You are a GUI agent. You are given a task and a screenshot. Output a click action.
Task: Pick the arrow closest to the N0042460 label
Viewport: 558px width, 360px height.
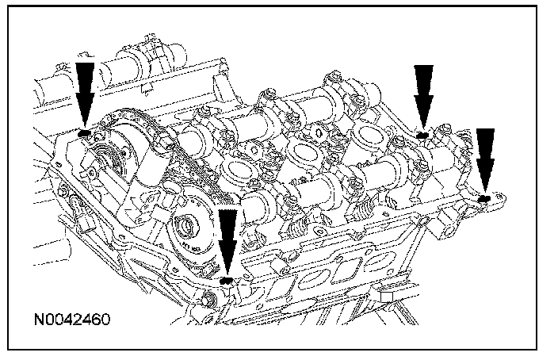click(228, 242)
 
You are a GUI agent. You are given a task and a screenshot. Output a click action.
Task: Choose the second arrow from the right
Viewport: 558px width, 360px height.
click(425, 95)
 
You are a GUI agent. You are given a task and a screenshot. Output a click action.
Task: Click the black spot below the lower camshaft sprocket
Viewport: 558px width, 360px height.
click(227, 279)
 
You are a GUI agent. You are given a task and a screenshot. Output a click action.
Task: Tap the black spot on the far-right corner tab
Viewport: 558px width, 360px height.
click(484, 196)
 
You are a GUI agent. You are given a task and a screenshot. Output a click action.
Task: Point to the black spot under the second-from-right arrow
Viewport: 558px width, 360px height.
click(423, 135)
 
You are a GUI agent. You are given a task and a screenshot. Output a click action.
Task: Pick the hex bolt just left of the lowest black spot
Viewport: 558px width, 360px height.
click(208, 298)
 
